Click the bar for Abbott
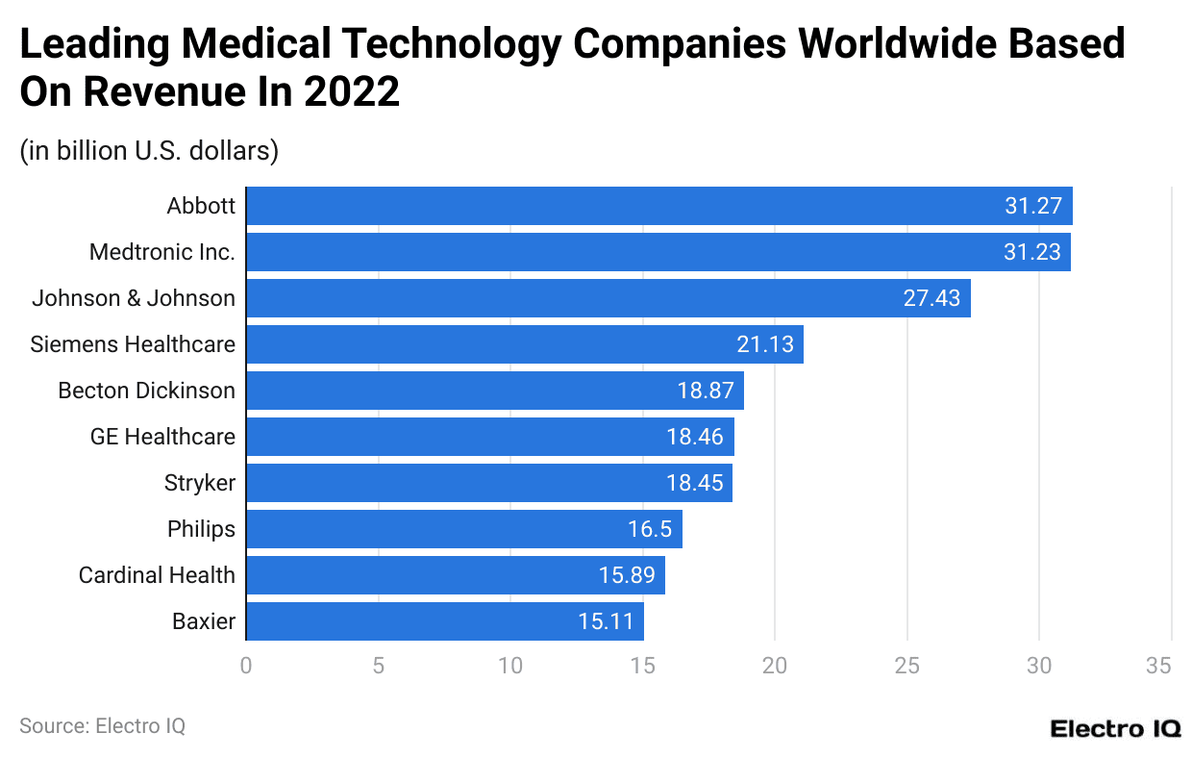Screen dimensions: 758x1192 click(658, 206)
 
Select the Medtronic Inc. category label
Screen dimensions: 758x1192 click(161, 252)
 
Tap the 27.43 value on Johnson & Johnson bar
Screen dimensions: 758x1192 click(931, 298)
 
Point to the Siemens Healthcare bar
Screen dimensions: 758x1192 click(524, 344)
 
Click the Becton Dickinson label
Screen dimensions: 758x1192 click(146, 391)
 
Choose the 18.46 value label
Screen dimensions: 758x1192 click(695, 437)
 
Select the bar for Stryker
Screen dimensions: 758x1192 click(488, 483)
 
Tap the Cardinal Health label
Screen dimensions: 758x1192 click(157, 575)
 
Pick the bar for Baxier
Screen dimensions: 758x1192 click(444, 621)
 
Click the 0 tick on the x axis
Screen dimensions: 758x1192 click(246, 666)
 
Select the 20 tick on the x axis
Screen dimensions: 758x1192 click(775, 666)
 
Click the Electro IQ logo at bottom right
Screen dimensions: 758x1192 click(1115, 728)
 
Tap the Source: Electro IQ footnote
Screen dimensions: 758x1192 click(102, 726)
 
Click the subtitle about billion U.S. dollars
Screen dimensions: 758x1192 click(149, 151)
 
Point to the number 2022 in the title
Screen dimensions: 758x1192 click(351, 92)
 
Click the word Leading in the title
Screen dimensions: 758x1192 click(92, 44)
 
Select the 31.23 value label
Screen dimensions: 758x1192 click(1032, 252)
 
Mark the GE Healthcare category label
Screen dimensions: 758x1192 click(162, 437)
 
